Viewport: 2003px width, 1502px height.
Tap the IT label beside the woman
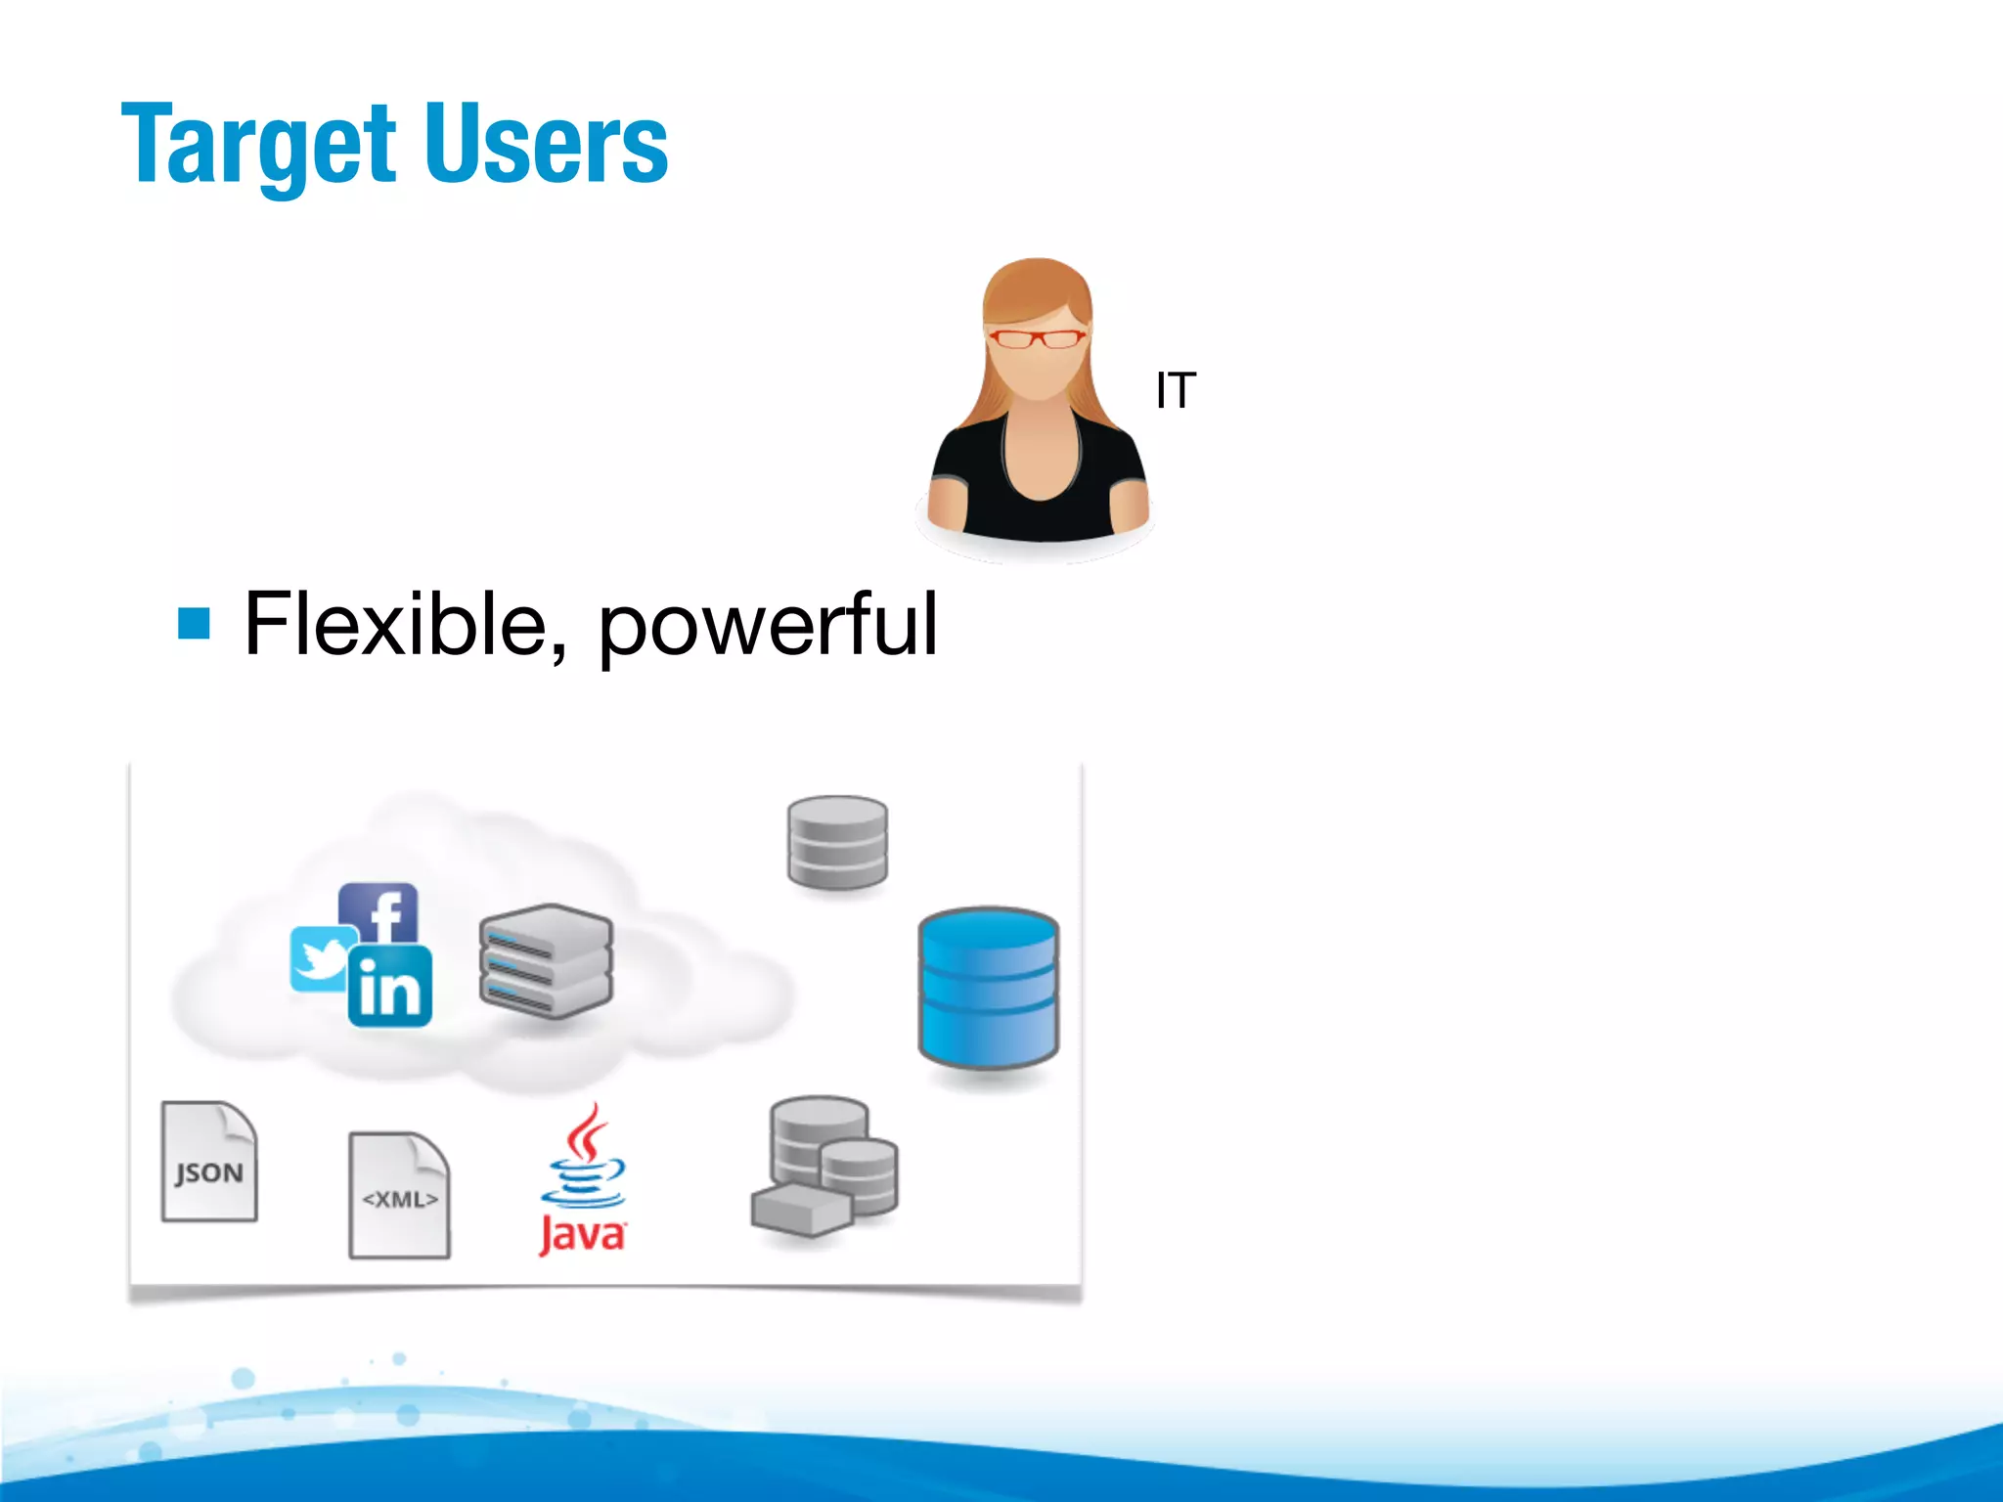[1175, 391]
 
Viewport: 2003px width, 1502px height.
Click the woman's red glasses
[1036, 339]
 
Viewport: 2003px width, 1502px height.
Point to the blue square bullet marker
[194, 623]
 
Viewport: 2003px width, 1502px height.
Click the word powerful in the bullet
[767, 626]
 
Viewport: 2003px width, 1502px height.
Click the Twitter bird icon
[321, 958]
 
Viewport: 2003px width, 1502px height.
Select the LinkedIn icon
[390, 987]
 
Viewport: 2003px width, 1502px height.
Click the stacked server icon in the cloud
[546, 960]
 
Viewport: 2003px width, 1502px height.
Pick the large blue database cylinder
[988, 988]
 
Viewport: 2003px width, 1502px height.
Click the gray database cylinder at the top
[837, 842]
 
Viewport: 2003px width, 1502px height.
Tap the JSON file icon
[208, 1162]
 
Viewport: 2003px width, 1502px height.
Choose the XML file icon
[399, 1195]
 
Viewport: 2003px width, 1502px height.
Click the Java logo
[583, 1173]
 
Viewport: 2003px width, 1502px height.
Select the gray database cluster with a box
[824, 1166]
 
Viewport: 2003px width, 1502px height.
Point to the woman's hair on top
[1037, 279]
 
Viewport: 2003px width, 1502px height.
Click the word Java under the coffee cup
[582, 1234]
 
